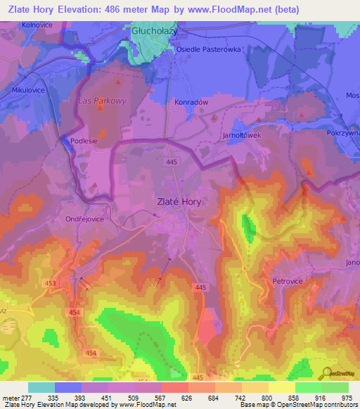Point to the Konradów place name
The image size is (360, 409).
[x=191, y=102]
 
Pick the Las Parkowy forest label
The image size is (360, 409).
[x=102, y=100]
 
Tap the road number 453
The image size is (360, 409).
[x=50, y=283]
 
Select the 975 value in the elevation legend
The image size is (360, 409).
[x=345, y=397]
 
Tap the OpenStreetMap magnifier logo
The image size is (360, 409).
[x=325, y=372]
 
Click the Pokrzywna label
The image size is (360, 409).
[x=343, y=132]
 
